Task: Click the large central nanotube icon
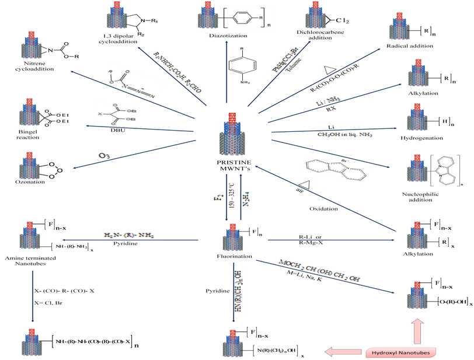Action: coord(232,134)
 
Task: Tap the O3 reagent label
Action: coord(103,156)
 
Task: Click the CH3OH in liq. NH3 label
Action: coord(344,135)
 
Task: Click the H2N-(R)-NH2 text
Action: coord(130,235)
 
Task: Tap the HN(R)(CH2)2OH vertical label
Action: coord(238,291)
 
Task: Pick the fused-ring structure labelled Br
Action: coord(336,168)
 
